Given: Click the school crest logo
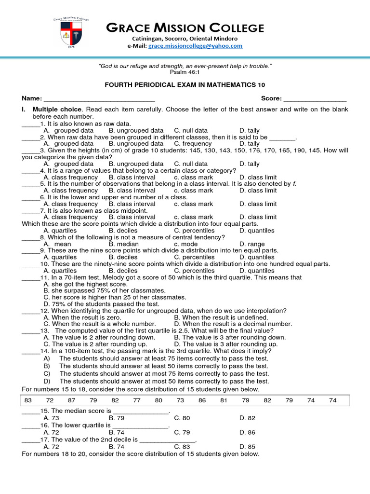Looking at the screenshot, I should [x=71, y=33].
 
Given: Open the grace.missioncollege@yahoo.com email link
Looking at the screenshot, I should [x=195, y=46].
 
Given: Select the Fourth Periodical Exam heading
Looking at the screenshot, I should [x=185, y=85].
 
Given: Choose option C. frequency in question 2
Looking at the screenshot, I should [x=192, y=144].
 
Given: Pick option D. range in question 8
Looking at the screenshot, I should [x=252, y=244].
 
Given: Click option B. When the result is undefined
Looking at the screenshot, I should [x=221, y=317].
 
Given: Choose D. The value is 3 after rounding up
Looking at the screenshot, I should [x=225, y=344].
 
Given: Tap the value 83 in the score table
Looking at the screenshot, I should [x=28, y=400].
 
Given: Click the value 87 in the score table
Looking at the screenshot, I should [x=71, y=400].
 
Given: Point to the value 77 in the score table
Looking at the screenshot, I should [x=137, y=400].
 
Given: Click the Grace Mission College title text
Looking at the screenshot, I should [x=185, y=27].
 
